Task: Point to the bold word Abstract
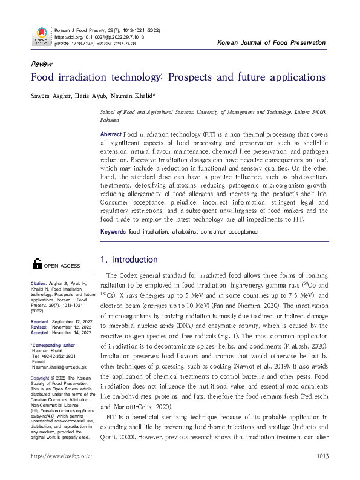point(111,133)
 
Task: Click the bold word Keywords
point(113,231)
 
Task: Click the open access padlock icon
point(37,263)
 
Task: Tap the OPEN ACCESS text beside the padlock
point(62,265)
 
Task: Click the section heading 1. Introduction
point(128,260)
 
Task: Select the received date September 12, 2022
point(72,321)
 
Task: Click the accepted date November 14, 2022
point(72,332)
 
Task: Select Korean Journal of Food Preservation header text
point(270,43)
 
